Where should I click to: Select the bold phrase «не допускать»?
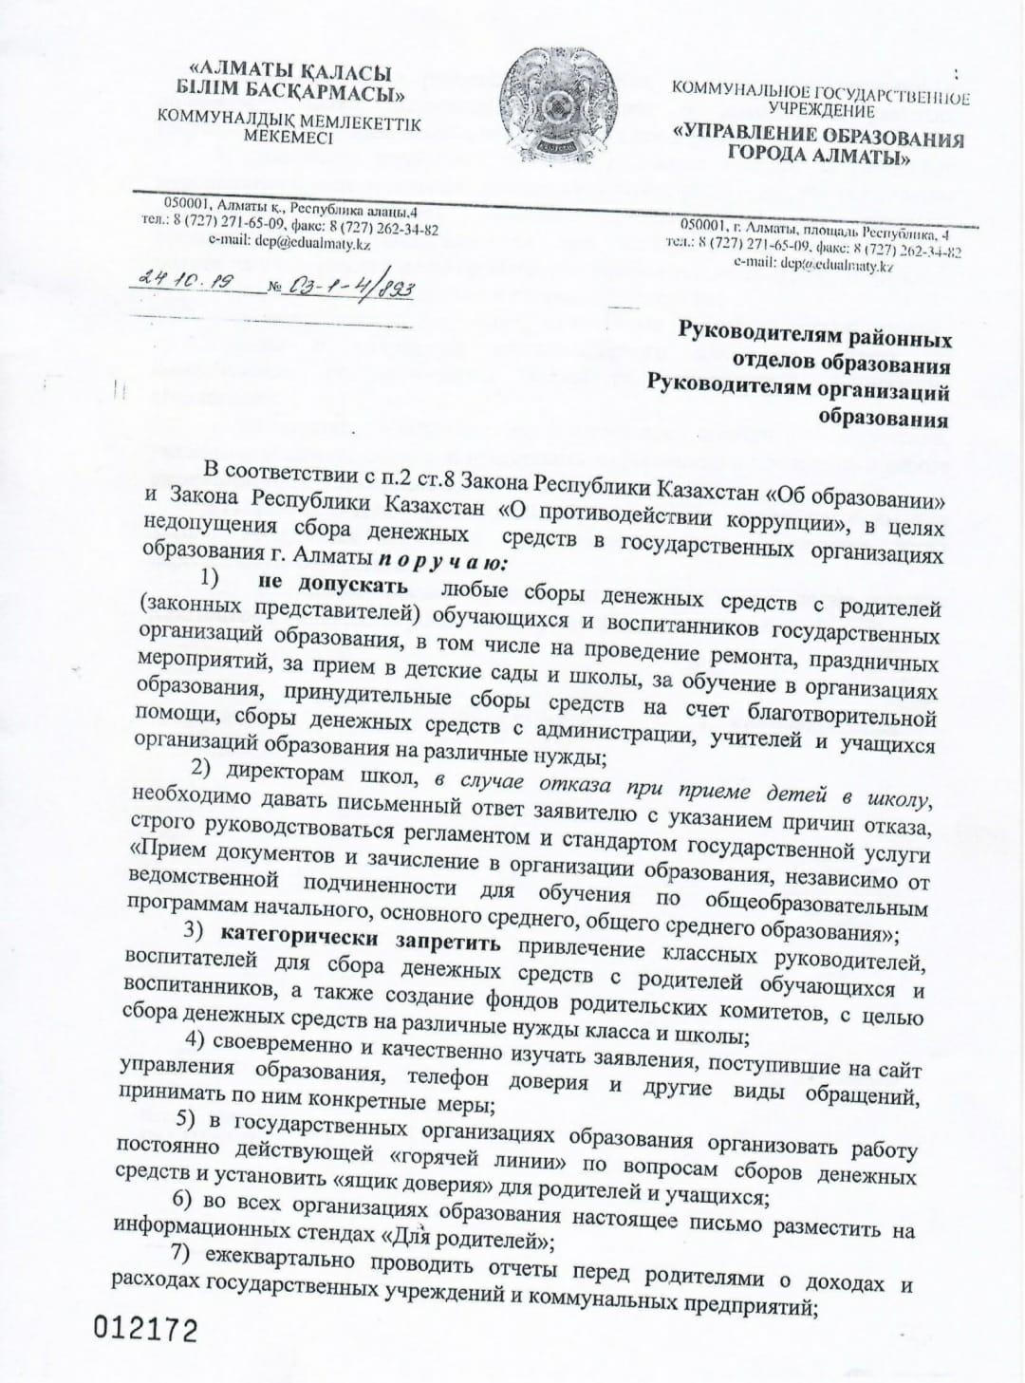[326, 582]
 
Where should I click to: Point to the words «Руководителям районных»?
[814, 337]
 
